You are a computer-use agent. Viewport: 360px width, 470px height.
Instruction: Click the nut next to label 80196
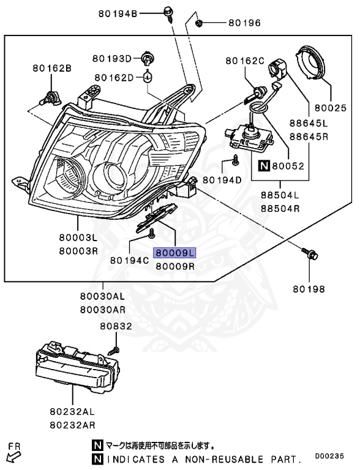point(200,23)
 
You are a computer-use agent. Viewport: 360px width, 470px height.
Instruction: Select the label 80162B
point(52,69)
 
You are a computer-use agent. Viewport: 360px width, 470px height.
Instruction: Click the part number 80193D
point(112,59)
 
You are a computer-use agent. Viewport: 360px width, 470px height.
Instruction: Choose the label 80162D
point(114,78)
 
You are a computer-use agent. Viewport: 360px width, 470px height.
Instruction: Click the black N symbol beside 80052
point(264,165)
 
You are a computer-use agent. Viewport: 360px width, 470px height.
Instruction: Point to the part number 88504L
point(279,196)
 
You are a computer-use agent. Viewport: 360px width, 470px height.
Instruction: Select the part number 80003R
point(78,251)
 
